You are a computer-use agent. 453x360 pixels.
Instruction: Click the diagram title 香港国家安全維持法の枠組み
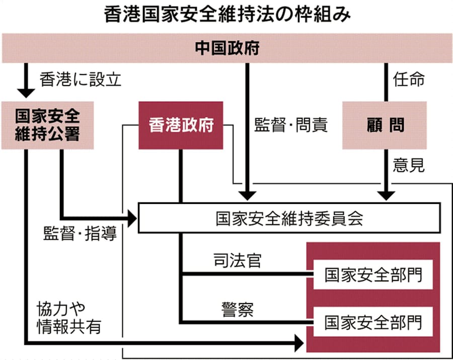(x=226, y=14)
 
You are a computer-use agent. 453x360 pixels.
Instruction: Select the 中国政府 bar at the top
(x=226, y=49)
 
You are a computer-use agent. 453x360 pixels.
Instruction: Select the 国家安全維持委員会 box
(x=289, y=219)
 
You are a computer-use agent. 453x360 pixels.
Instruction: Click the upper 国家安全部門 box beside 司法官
(x=372, y=275)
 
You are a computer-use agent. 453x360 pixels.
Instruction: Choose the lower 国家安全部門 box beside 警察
(x=372, y=321)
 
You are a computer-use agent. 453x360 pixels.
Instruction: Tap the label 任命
(x=409, y=80)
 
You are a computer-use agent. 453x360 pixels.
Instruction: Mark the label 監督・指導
(x=80, y=234)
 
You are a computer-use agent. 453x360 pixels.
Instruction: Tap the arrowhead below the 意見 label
(x=386, y=194)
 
